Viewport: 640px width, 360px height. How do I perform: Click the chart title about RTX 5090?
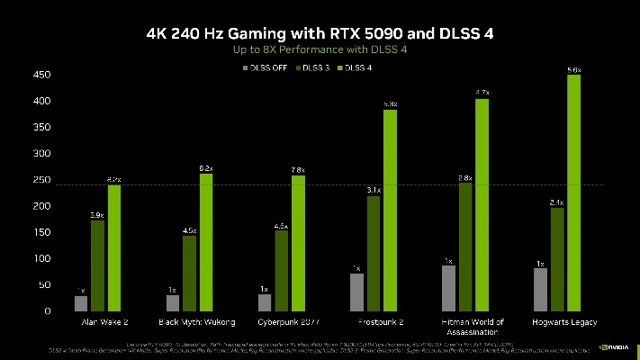tap(320, 33)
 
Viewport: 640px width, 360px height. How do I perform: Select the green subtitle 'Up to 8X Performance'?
tap(320, 50)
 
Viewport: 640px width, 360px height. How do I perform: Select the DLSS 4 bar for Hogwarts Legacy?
tap(573, 193)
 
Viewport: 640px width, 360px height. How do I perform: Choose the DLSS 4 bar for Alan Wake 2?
tap(114, 248)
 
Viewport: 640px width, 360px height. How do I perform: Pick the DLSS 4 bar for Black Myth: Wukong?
tap(206, 243)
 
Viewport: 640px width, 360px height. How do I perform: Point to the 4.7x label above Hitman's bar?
tap(482, 93)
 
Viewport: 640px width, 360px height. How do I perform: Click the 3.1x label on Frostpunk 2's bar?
tap(374, 191)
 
